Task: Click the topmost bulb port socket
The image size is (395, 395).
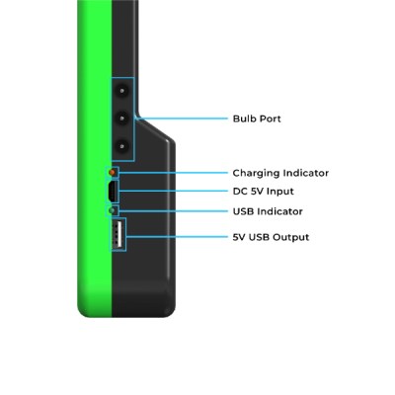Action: click(122, 90)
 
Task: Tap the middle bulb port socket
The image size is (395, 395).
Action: click(122, 118)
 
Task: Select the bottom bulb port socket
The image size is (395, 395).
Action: click(122, 145)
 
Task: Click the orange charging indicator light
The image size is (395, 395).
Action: click(113, 172)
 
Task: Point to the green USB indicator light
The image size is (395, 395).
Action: click(113, 210)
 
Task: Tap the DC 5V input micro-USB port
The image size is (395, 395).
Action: click(113, 191)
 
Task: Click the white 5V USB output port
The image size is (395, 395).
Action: click(118, 234)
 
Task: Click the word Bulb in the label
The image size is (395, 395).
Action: click(244, 118)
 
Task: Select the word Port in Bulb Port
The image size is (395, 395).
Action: click(270, 118)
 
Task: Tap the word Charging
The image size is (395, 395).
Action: click(256, 174)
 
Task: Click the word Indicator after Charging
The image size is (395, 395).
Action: click(306, 173)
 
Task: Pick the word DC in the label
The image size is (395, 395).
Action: click(240, 192)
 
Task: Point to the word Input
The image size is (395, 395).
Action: click(280, 192)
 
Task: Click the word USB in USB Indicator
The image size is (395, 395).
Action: click(244, 211)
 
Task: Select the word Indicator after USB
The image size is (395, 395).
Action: click(280, 211)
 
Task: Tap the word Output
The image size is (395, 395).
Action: click(291, 237)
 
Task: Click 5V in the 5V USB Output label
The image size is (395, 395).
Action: click(239, 237)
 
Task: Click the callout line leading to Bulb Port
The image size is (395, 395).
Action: click(181, 118)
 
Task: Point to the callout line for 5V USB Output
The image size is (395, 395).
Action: click(177, 237)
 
